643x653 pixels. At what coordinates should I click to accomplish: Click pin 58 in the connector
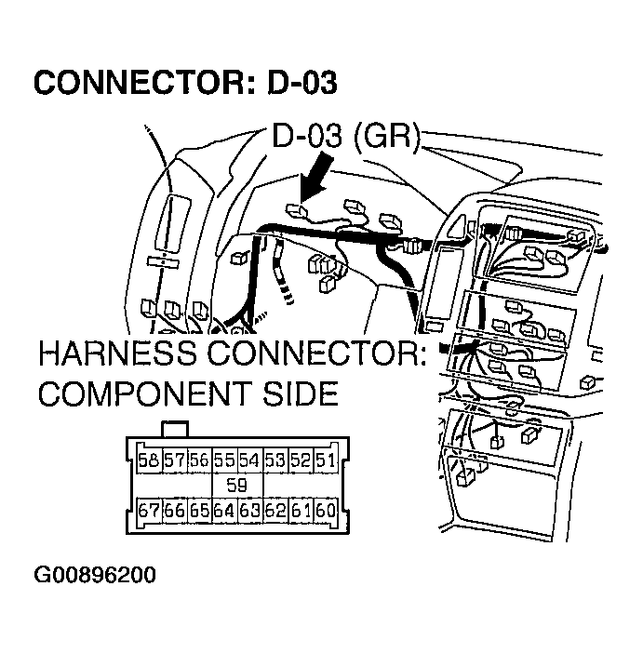coord(148,460)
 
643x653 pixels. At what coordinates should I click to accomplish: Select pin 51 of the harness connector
coord(324,460)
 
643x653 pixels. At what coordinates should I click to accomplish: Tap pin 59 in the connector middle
coord(236,485)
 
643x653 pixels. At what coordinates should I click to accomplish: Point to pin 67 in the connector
coord(148,510)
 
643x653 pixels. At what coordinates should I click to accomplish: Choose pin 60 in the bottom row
coord(324,510)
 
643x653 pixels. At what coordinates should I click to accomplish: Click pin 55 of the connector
coord(223,460)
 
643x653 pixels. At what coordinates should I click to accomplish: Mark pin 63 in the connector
coord(248,510)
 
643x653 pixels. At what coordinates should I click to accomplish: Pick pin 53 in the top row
coord(274,460)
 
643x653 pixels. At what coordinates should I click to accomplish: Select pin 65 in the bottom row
coord(198,510)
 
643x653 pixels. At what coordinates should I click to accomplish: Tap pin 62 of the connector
coord(274,510)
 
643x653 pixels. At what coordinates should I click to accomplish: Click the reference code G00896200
coord(95,574)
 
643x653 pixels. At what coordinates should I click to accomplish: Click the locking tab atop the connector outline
coord(174,429)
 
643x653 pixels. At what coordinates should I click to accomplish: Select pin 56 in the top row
coord(198,460)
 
